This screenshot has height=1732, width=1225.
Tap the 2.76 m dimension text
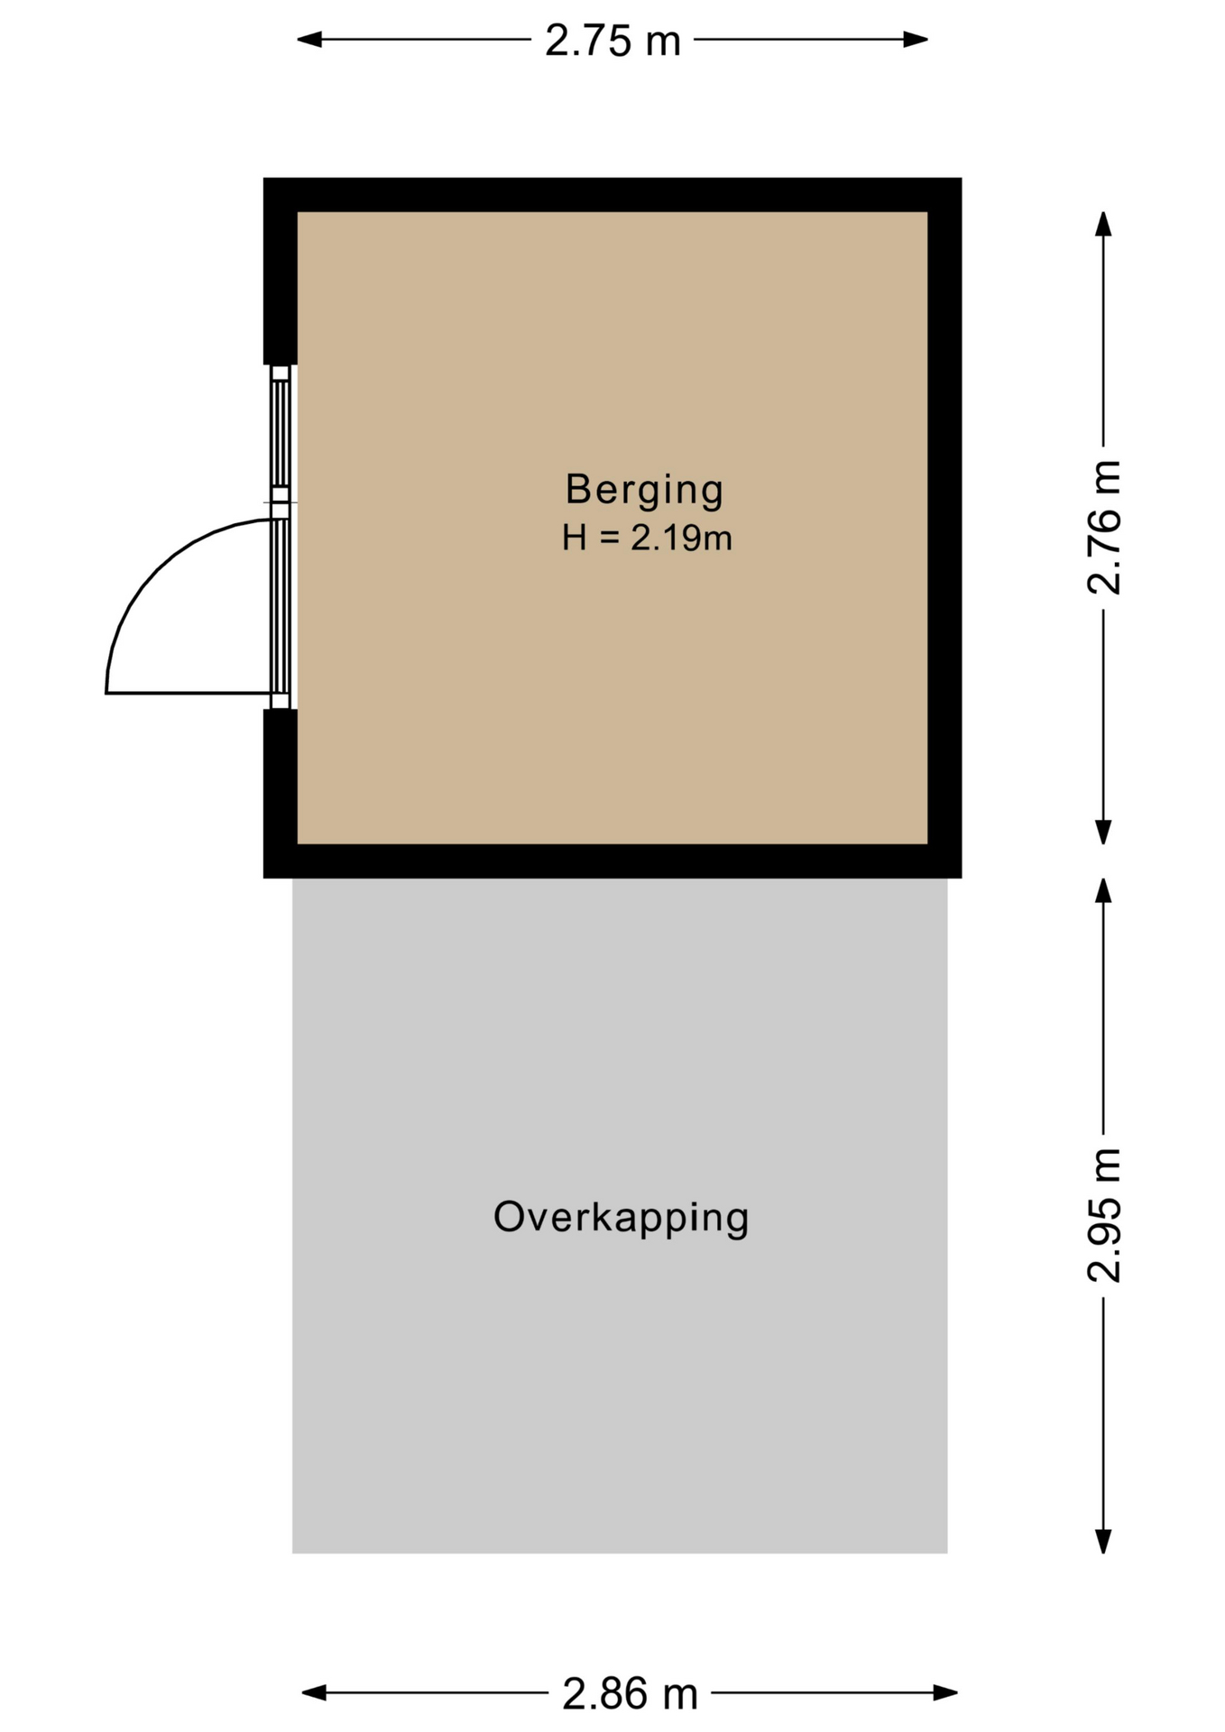click(1104, 528)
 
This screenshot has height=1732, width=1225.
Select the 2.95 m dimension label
click(1104, 1215)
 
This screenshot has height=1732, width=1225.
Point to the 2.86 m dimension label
click(630, 1694)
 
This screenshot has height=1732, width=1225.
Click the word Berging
click(644, 489)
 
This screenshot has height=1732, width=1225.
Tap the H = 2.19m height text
click(647, 538)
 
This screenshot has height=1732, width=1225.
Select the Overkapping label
click(621, 1218)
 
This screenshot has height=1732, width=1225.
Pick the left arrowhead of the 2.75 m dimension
click(310, 40)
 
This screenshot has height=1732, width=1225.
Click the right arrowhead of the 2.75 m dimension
click(916, 40)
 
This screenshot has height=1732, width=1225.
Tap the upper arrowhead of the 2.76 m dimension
click(1103, 224)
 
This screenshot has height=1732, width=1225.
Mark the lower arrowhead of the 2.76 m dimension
click(1103, 832)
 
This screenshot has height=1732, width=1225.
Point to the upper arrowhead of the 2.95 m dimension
click(1103, 890)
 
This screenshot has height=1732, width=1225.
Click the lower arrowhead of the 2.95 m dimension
click(1103, 1541)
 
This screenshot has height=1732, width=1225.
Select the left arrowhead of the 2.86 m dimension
click(314, 1693)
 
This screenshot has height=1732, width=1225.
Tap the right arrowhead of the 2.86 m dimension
click(945, 1693)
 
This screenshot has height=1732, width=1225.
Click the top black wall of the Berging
click(612, 195)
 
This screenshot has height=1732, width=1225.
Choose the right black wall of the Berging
click(945, 528)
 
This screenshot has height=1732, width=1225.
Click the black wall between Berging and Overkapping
click(612, 861)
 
